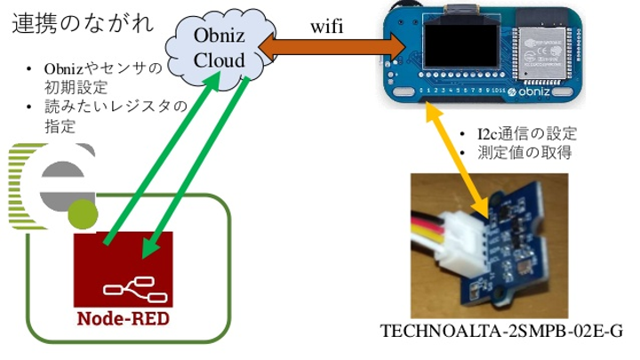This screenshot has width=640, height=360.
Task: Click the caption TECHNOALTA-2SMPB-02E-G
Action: coord(500,331)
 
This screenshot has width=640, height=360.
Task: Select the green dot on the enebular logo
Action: coord(83,213)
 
